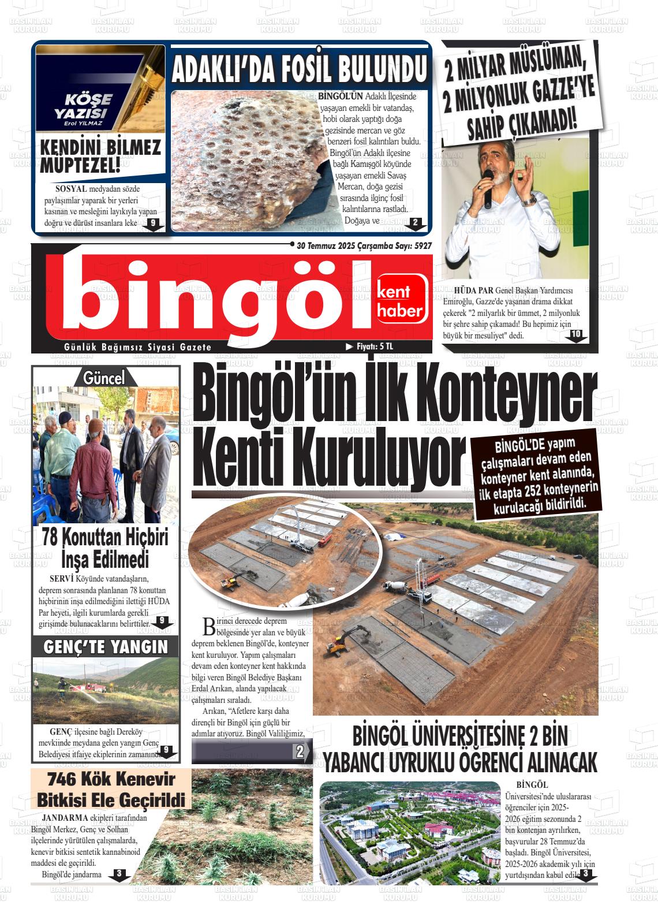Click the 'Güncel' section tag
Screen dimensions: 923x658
click(x=104, y=378)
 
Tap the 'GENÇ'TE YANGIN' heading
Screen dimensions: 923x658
click(x=106, y=647)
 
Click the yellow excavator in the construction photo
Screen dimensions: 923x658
click(x=345, y=640)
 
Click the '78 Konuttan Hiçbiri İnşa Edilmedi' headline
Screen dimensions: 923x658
click(x=105, y=548)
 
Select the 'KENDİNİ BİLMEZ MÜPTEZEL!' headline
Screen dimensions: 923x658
click(x=100, y=156)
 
